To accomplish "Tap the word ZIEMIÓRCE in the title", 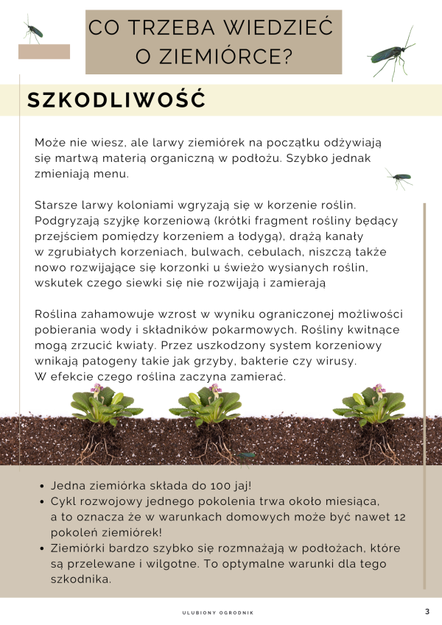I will [222, 56].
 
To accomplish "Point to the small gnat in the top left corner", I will [32, 30].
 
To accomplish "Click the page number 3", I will [427, 612].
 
